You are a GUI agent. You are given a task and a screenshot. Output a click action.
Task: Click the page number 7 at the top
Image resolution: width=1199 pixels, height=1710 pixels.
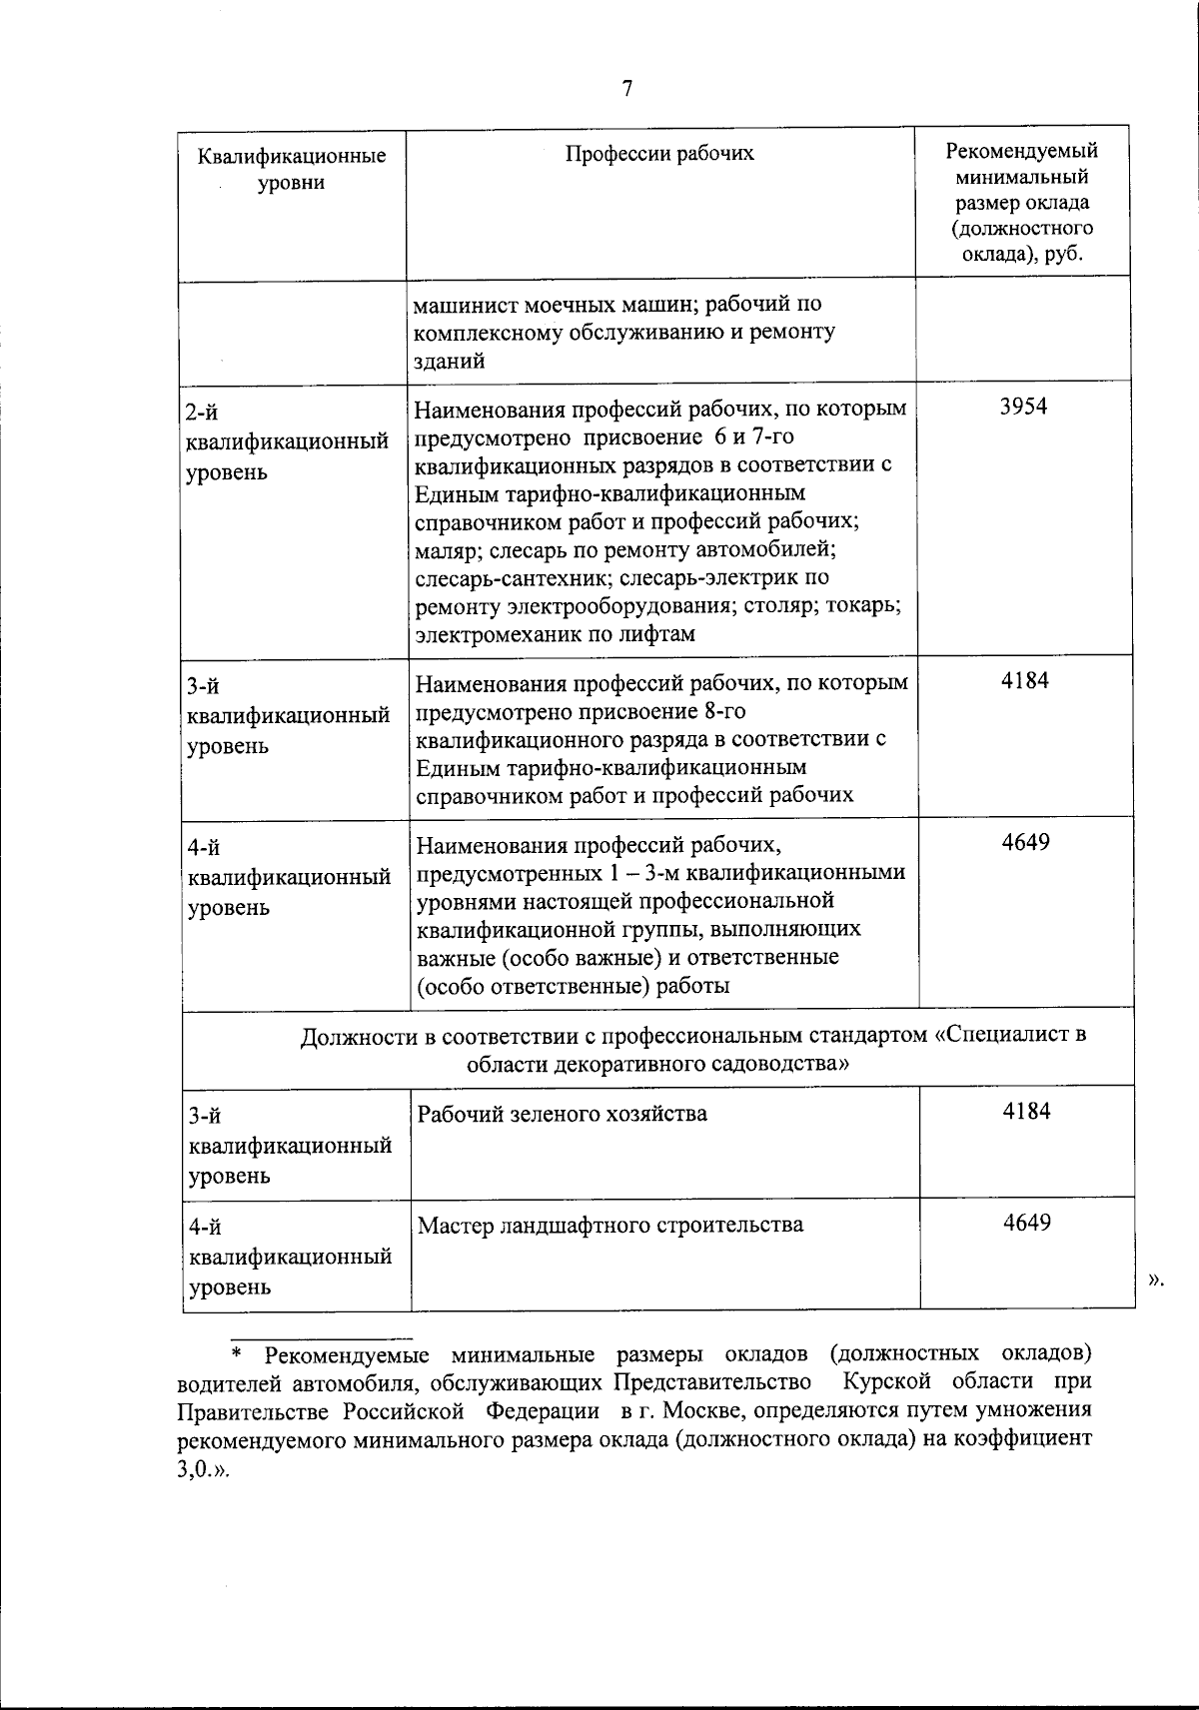pyautogui.click(x=626, y=89)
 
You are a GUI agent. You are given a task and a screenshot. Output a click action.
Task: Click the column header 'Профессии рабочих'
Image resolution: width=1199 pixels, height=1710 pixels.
pyautogui.click(x=660, y=153)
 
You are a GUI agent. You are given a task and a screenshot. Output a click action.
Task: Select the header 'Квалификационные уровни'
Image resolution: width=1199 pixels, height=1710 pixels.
pyautogui.click(x=292, y=170)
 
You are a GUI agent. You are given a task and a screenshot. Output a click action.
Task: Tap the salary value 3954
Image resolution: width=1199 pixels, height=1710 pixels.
pyautogui.click(x=1024, y=407)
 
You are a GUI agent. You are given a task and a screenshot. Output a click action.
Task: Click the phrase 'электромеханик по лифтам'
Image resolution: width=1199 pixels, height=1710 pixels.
pyautogui.click(x=556, y=634)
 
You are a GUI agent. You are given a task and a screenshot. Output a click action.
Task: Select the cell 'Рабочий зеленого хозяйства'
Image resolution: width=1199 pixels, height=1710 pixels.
pyautogui.click(x=563, y=1114)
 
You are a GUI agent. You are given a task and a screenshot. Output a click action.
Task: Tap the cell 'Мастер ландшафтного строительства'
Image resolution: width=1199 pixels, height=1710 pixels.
pyautogui.click(x=609, y=1225)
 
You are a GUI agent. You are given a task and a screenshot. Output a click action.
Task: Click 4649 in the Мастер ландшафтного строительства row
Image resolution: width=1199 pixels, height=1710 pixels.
pyautogui.click(x=1026, y=1223)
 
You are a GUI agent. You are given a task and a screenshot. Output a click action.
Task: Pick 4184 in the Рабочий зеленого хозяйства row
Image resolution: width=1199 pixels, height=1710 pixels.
pyautogui.click(x=1026, y=1111)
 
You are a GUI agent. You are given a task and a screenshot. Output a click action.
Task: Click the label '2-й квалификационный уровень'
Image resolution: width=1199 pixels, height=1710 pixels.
pyautogui.click(x=287, y=440)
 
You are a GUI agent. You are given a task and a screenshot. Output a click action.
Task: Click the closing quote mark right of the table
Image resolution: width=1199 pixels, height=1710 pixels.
pyautogui.click(x=1157, y=1280)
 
